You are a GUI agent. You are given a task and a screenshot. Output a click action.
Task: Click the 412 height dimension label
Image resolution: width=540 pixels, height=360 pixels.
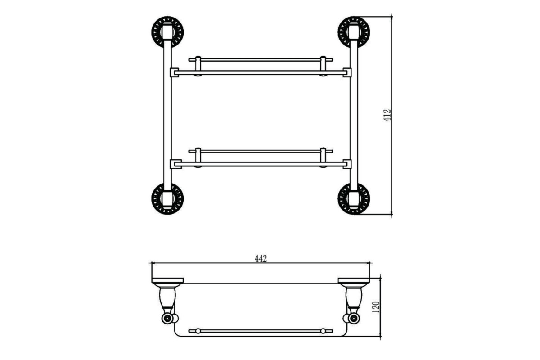tap(387, 115)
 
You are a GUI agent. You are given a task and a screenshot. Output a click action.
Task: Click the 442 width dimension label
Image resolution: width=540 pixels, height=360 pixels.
tap(261, 259)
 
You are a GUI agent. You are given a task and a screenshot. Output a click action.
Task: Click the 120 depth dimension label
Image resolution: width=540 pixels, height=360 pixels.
tap(376, 307)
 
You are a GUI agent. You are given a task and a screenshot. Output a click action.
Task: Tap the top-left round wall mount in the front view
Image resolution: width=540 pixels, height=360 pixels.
tap(167, 32)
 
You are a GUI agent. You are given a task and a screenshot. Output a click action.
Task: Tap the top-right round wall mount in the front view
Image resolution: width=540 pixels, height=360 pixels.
tap(354, 32)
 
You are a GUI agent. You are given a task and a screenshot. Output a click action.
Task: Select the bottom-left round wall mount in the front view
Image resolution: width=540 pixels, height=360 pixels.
tap(167, 199)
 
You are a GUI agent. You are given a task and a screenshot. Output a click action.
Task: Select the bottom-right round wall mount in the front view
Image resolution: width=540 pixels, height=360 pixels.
tap(354, 199)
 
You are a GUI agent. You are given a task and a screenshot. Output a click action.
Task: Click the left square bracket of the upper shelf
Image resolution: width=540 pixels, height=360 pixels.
tap(174, 72)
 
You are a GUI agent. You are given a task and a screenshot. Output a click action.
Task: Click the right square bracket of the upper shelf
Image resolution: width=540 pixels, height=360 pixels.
tap(347, 72)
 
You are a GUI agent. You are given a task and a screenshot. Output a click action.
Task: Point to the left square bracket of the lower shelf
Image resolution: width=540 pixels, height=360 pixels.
tap(176, 164)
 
